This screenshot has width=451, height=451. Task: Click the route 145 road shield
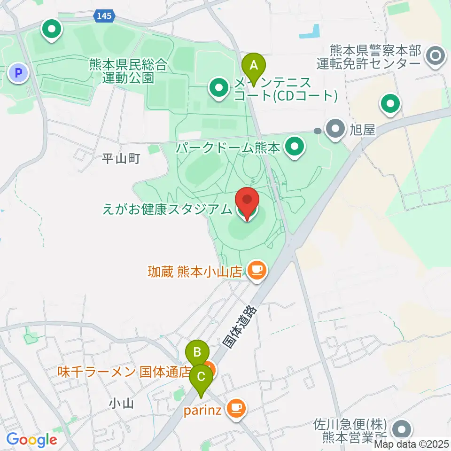tap(104, 16)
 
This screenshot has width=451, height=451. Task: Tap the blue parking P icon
tap(18, 73)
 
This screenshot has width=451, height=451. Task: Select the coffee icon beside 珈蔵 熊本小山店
tap(256, 270)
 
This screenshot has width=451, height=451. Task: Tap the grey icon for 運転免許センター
tap(435, 57)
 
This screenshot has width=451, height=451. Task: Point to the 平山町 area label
tap(121, 159)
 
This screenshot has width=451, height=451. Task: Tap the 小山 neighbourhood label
tap(122, 403)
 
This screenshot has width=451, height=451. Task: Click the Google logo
tap(31, 440)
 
